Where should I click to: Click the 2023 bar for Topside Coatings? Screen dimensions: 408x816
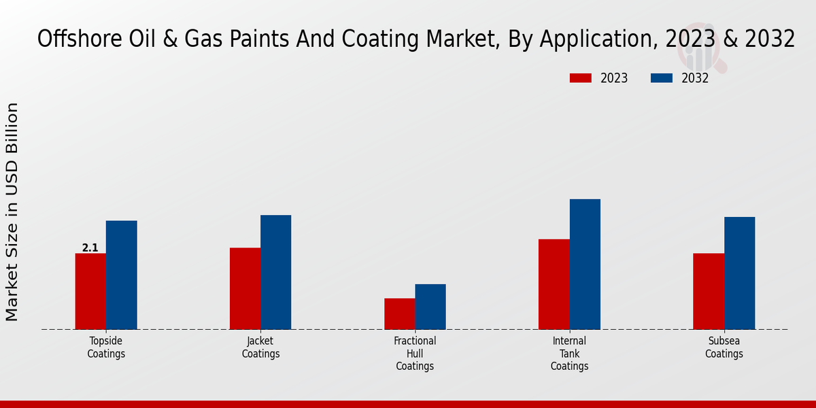click(90, 291)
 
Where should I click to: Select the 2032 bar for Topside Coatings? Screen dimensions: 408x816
click(121, 275)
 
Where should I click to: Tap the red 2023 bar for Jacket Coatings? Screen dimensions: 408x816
click(245, 288)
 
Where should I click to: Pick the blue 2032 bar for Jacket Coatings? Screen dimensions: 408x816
click(275, 272)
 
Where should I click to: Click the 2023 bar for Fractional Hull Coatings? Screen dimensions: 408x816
click(399, 313)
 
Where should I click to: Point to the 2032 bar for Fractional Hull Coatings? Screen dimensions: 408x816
click(430, 307)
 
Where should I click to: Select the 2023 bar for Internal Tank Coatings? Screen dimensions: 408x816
click(554, 284)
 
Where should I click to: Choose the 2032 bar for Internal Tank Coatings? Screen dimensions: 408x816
click(585, 264)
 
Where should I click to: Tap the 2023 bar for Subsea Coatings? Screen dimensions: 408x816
click(709, 291)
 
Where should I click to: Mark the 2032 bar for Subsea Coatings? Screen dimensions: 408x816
click(739, 273)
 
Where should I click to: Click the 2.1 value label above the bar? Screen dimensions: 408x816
click(90, 248)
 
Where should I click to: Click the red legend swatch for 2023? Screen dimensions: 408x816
click(580, 78)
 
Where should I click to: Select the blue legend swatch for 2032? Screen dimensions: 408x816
click(661, 78)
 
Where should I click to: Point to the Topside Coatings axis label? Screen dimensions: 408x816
click(106, 347)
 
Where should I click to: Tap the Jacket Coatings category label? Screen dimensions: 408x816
click(260, 347)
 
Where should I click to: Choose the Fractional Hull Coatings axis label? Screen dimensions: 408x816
click(415, 353)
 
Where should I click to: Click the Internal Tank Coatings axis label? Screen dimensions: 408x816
click(569, 353)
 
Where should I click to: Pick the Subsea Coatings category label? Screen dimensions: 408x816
click(724, 347)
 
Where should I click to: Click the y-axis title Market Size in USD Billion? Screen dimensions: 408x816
click(12, 211)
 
